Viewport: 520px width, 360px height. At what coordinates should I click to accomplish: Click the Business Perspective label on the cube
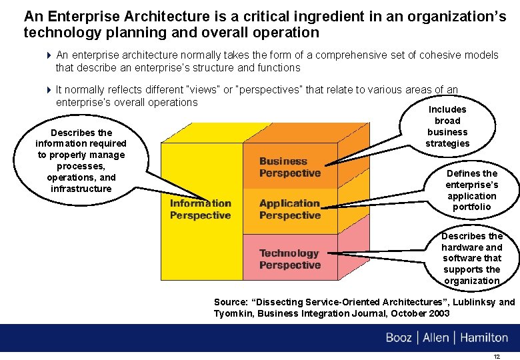[289, 167]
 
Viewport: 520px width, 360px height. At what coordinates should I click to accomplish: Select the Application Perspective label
[289, 209]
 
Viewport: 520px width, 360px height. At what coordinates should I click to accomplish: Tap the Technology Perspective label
[289, 259]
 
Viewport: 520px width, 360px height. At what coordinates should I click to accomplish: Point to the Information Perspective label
[200, 209]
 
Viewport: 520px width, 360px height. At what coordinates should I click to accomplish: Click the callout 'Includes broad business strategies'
[447, 126]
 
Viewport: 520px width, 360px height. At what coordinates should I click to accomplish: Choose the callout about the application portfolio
[471, 190]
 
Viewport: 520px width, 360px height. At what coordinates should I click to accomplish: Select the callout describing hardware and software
[472, 258]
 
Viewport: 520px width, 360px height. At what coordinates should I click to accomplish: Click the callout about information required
[81, 161]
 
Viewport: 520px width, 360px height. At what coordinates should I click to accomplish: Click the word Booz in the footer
[399, 337]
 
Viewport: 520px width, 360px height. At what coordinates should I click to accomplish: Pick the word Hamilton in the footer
[484, 337]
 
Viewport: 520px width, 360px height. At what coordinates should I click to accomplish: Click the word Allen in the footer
[436, 337]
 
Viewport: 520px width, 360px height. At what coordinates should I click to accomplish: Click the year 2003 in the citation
[437, 313]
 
